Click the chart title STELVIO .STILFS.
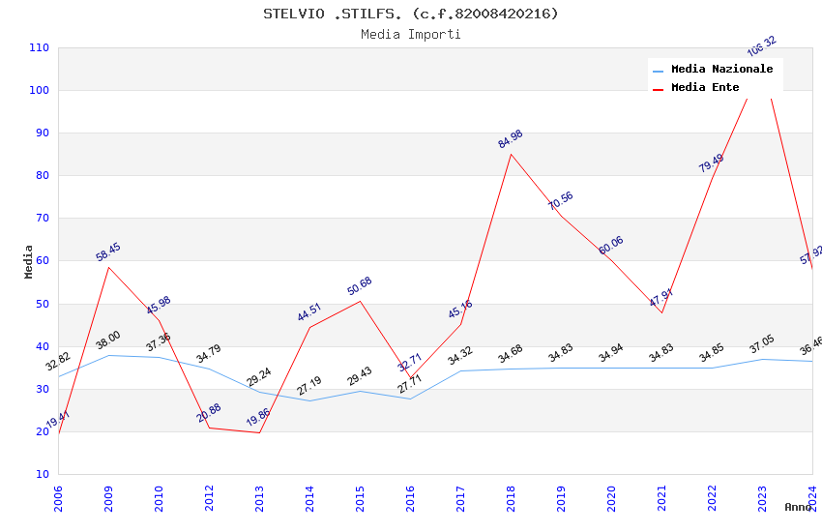pos(411,14)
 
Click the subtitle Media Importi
pos(411,35)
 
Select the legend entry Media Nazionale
pos(721,69)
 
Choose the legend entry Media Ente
pos(705,88)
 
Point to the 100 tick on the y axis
pos(40,91)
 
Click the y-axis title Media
pos(29,261)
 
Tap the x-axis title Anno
pos(798,507)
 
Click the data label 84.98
pos(511,139)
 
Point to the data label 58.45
pos(108,252)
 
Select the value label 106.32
pos(762,46)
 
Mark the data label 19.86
pos(258,418)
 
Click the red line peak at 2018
pos(512,154)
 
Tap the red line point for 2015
pos(361,301)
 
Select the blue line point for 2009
pos(108,355)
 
